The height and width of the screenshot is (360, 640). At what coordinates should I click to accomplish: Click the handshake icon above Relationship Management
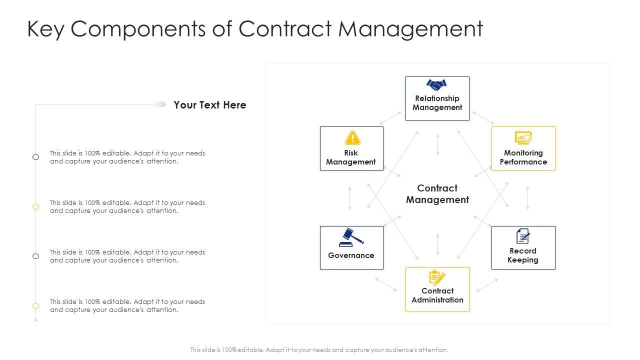click(x=436, y=85)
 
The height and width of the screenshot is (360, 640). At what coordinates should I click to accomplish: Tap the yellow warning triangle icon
click(x=352, y=137)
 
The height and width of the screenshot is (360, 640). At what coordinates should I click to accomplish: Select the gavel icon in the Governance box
click(x=351, y=237)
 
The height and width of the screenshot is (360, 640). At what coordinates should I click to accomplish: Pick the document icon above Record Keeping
click(x=522, y=236)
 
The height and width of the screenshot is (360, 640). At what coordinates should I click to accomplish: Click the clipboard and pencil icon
click(x=437, y=277)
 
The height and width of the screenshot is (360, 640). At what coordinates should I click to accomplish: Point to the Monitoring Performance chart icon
click(x=523, y=137)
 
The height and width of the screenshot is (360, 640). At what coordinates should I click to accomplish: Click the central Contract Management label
click(x=437, y=194)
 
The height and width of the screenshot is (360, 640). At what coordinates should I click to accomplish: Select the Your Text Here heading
click(x=210, y=105)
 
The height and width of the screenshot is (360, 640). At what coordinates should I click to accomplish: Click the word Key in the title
click(x=46, y=29)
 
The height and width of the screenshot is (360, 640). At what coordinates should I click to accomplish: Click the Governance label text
click(x=351, y=255)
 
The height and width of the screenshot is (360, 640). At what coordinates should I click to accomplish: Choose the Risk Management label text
click(x=351, y=157)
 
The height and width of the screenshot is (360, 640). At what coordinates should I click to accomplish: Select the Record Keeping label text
click(x=523, y=255)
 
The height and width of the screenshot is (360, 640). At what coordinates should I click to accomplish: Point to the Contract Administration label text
click(x=437, y=295)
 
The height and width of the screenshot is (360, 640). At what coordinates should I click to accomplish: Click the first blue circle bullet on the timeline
click(x=36, y=157)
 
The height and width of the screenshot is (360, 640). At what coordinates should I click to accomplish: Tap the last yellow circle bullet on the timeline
click(x=36, y=306)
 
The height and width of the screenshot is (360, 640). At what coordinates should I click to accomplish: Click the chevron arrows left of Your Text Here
click(x=159, y=104)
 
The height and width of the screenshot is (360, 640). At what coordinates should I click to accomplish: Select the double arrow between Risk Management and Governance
click(x=349, y=198)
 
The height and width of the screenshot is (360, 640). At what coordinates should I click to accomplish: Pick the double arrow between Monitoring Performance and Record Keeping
click(x=527, y=198)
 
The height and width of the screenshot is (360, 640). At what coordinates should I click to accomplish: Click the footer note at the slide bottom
click(x=319, y=350)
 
